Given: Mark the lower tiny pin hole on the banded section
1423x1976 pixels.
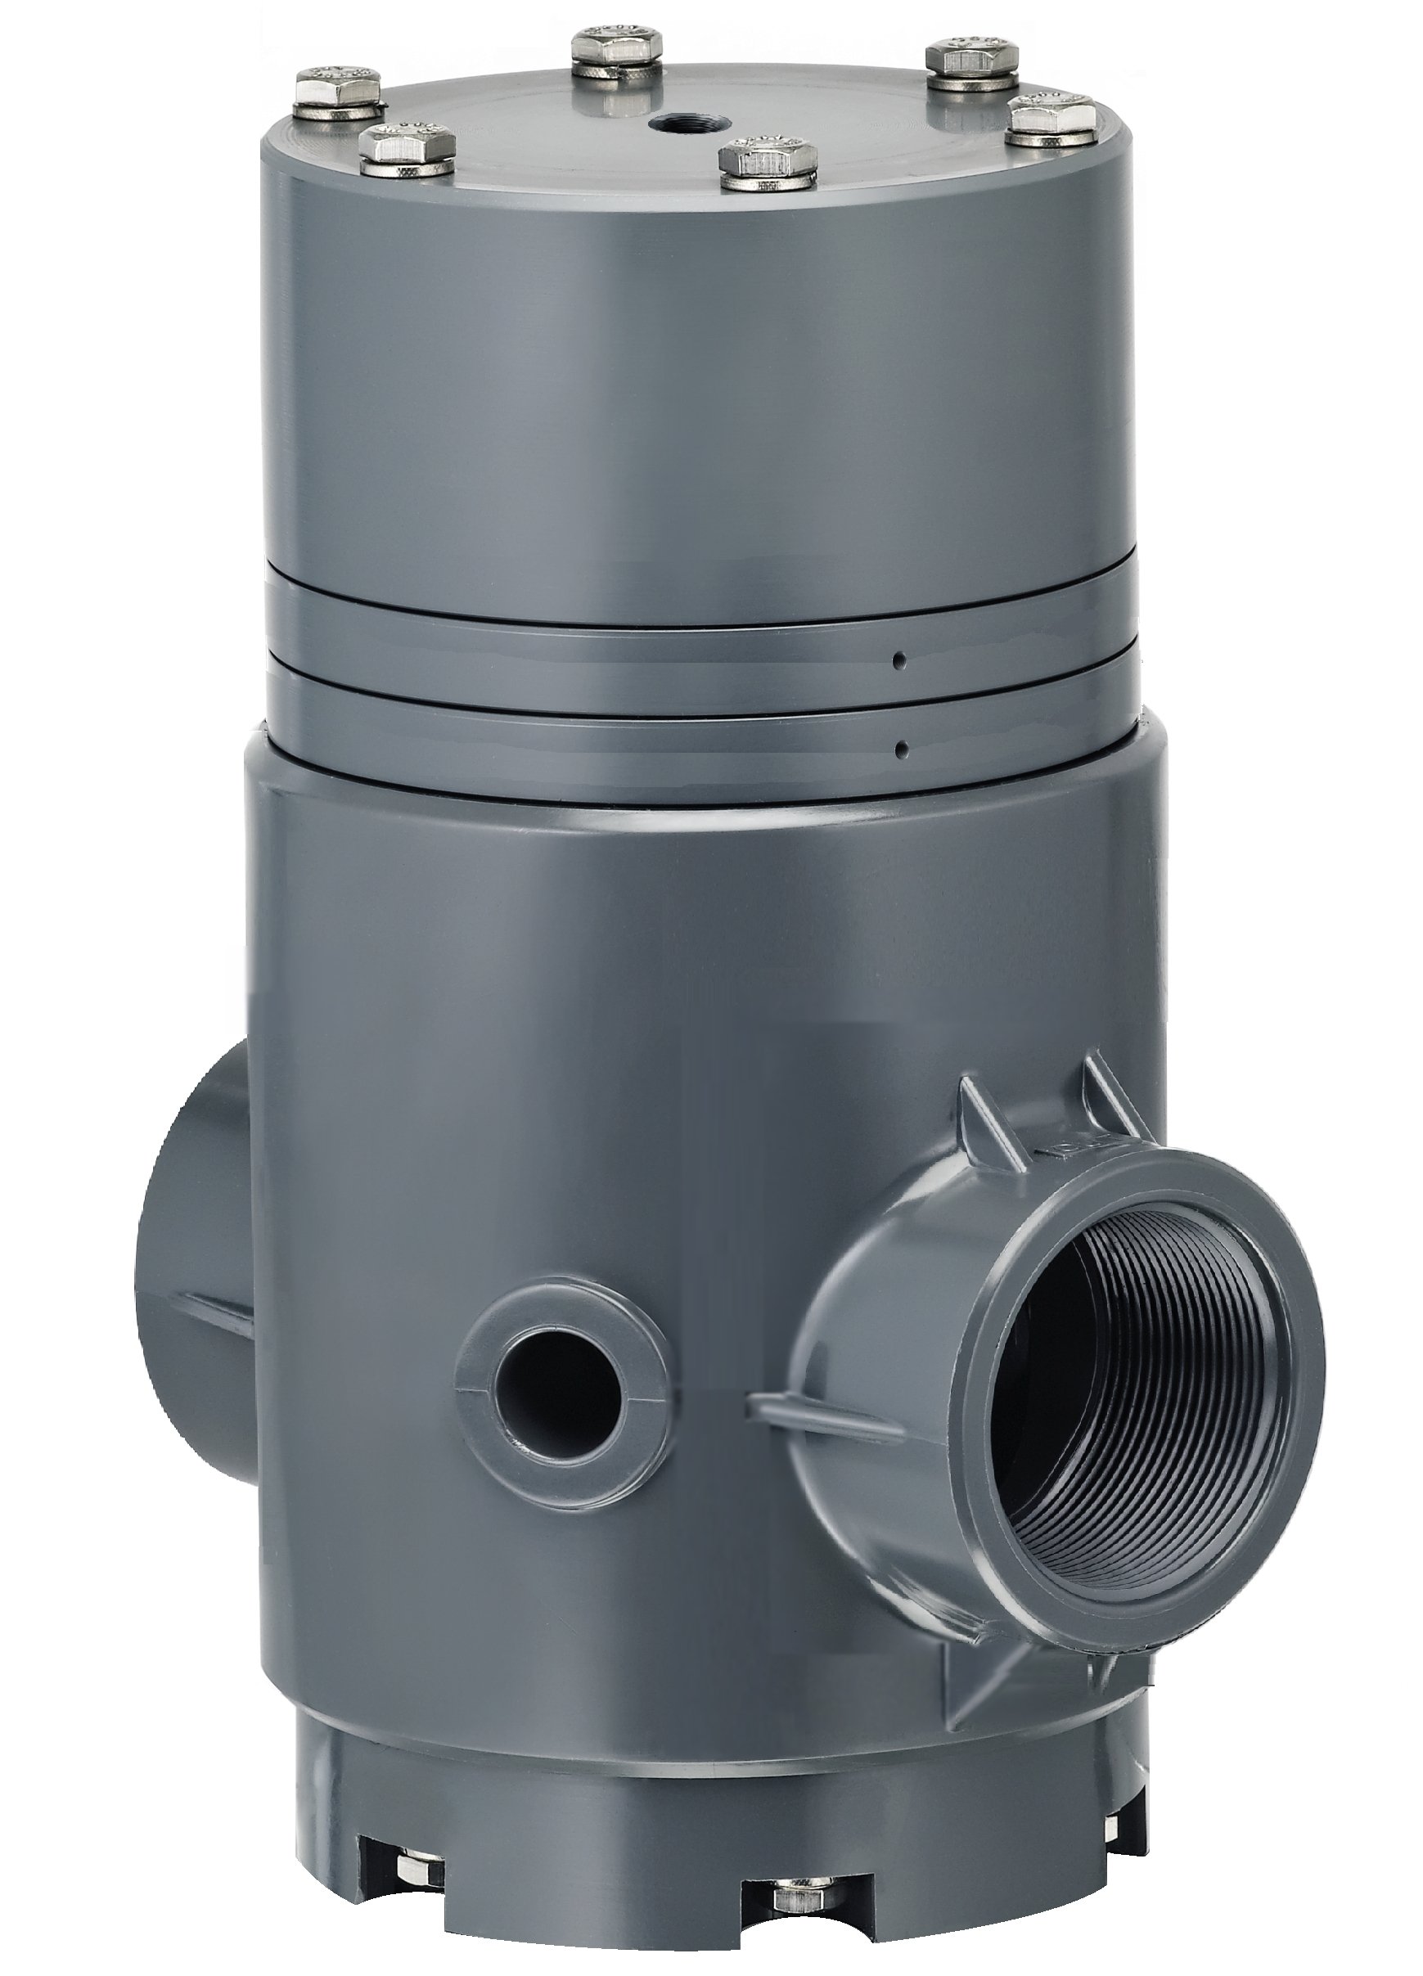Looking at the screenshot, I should click(x=902, y=747).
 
